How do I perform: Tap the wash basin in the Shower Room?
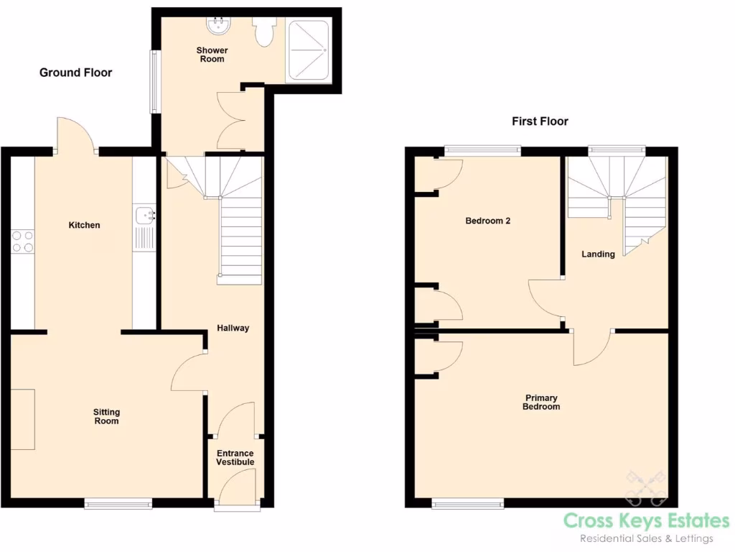pyautogui.click(x=217, y=26)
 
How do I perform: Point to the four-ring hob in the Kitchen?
pyautogui.click(x=22, y=240)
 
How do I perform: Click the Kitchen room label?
pyautogui.click(x=84, y=226)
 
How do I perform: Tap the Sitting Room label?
pyautogui.click(x=106, y=417)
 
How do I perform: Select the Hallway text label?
pyautogui.click(x=233, y=328)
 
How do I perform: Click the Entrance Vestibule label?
pyautogui.click(x=235, y=458)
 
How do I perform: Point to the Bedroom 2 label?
pyautogui.click(x=488, y=221)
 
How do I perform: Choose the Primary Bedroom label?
pyautogui.click(x=542, y=402)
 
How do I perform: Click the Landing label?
pyautogui.click(x=598, y=254)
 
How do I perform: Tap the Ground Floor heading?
pyautogui.click(x=75, y=73)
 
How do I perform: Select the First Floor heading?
pyautogui.click(x=540, y=121)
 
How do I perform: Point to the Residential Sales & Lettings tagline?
pyautogui.click(x=646, y=539)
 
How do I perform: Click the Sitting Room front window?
pyautogui.click(x=118, y=504)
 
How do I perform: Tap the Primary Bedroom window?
pyautogui.click(x=467, y=504)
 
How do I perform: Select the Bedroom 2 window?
pyautogui.click(x=481, y=149)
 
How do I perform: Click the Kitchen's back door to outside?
pyautogui.click(x=75, y=133)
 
